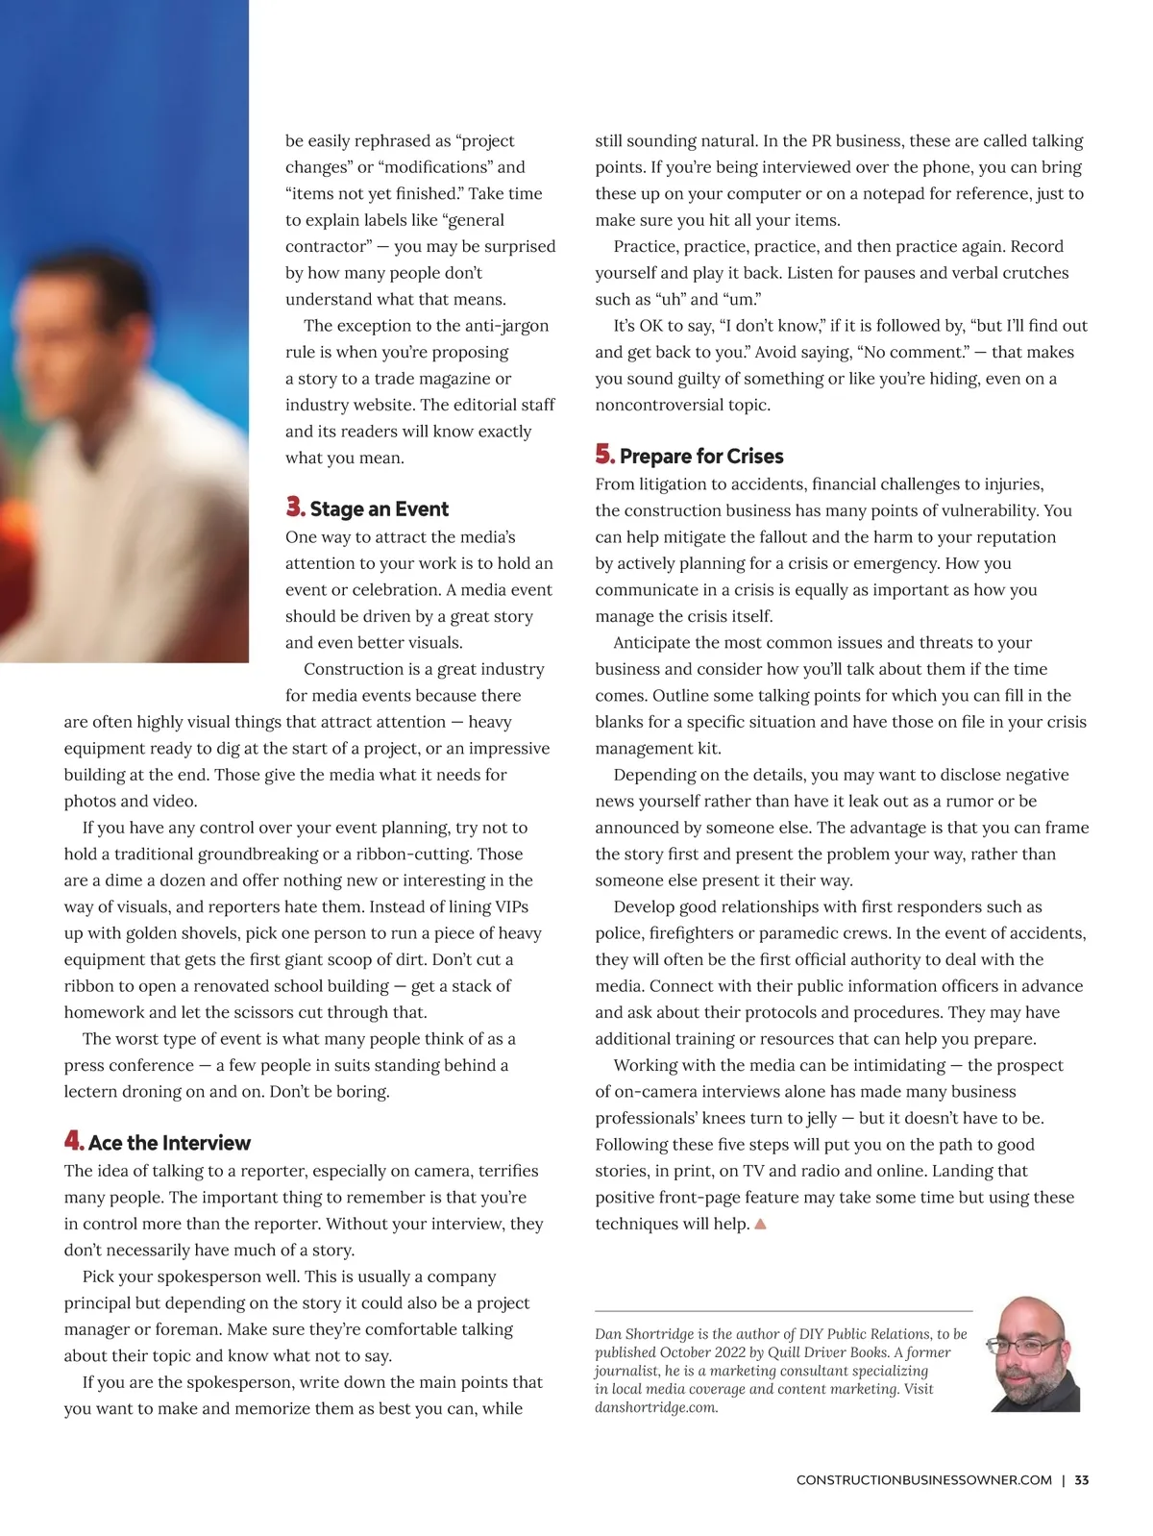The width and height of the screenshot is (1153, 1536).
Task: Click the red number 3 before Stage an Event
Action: (295, 507)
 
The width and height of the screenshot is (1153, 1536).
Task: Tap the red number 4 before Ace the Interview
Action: (74, 1141)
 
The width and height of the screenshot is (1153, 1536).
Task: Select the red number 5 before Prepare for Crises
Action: (604, 455)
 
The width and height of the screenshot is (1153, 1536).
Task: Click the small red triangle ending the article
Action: (761, 1225)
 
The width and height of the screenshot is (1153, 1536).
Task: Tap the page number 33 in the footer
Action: (1082, 1480)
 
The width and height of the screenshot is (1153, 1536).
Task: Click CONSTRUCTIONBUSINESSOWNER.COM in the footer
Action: (923, 1480)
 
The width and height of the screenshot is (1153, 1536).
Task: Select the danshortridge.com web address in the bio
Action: (656, 1408)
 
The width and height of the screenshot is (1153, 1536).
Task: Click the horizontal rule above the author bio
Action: (783, 1311)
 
